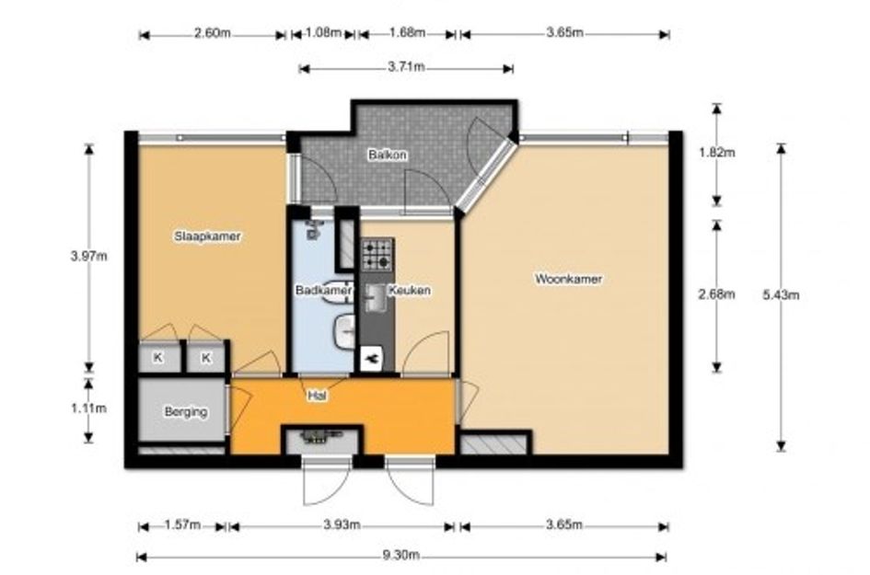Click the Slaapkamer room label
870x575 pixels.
coord(207,236)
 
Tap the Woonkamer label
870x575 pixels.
coord(568,279)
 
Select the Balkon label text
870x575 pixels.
coord(388,155)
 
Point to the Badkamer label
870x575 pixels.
coord(323,290)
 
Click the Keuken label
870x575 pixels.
coord(410,290)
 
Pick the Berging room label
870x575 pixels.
coord(186,412)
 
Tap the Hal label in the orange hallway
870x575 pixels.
coord(317,396)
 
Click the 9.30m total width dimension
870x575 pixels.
coord(400,555)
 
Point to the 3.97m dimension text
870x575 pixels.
coord(88,256)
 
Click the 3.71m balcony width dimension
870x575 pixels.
coord(406,67)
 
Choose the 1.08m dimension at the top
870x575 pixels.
coord(323,32)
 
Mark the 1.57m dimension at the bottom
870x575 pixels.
coord(182,524)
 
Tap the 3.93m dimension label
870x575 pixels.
coord(342,524)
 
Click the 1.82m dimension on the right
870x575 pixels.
coord(717,152)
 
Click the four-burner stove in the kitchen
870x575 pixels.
coord(377,255)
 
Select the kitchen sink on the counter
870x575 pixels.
coord(376,297)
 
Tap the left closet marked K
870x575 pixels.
coord(158,358)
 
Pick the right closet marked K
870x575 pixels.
coord(206,358)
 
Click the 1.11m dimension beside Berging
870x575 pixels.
coord(88,408)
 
